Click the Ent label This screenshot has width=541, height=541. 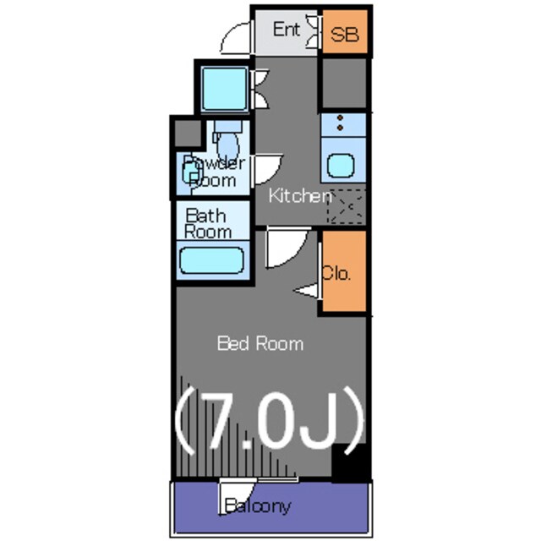pyautogui.click(x=286, y=30)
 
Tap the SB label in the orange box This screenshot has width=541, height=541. pyautogui.click(x=344, y=34)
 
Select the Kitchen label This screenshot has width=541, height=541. pyautogui.click(x=300, y=196)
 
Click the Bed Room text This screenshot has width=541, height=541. pyautogui.click(x=260, y=344)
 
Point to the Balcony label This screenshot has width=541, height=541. pyautogui.click(x=257, y=506)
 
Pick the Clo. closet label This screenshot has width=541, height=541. pyautogui.click(x=336, y=273)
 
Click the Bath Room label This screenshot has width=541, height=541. pyautogui.click(x=208, y=223)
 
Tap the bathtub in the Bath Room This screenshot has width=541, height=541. pyautogui.click(x=212, y=260)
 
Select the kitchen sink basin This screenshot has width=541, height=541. pyautogui.click(x=341, y=166)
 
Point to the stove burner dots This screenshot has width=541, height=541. pyautogui.click(x=340, y=123)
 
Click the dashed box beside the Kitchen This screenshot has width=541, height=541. pyautogui.click(x=346, y=206)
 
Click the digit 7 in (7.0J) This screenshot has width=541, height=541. pyautogui.click(x=220, y=419)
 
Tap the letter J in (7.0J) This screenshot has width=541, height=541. pyautogui.click(x=319, y=419)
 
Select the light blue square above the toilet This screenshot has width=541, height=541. pyautogui.click(x=225, y=89)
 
